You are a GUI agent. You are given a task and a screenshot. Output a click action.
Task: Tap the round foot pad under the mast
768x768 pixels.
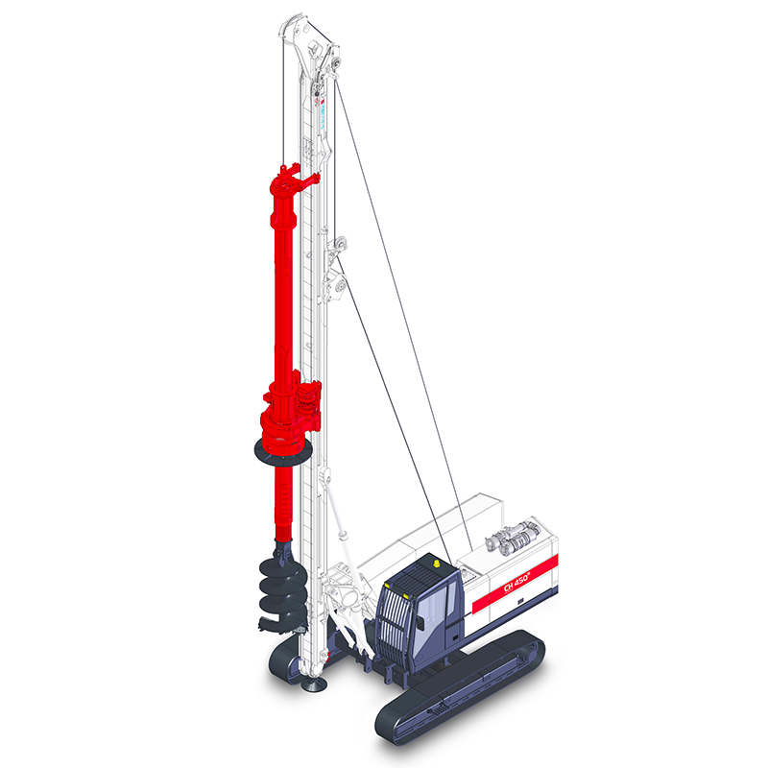[x=313, y=684]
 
